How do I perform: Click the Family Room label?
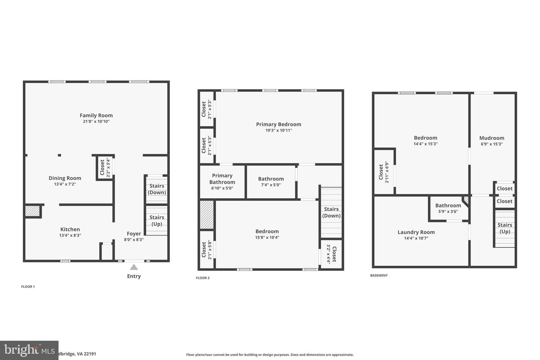[x=96, y=115]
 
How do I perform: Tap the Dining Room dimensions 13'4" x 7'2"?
[x=65, y=184]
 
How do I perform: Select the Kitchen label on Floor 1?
[x=70, y=229]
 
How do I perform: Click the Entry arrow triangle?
[x=134, y=267]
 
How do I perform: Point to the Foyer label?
[x=134, y=234]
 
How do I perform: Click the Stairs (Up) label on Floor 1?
[x=157, y=220]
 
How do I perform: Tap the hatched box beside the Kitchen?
[x=32, y=211]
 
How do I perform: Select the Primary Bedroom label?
[x=279, y=124]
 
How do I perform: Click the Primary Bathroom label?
[x=222, y=179]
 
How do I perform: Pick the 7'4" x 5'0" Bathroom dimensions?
[x=271, y=185]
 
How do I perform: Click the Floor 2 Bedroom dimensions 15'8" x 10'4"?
[x=267, y=237]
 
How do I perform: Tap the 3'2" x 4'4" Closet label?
[x=331, y=254]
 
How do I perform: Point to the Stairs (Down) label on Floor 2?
[x=331, y=212]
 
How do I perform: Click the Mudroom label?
[x=492, y=138]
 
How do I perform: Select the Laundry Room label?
[x=416, y=232]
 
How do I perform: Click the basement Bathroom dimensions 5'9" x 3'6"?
[x=448, y=211]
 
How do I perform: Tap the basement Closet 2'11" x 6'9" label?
[x=384, y=172]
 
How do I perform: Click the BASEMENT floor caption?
[x=379, y=275]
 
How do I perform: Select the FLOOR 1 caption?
[x=28, y=286]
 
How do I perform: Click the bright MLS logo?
[x=29, y=350]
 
